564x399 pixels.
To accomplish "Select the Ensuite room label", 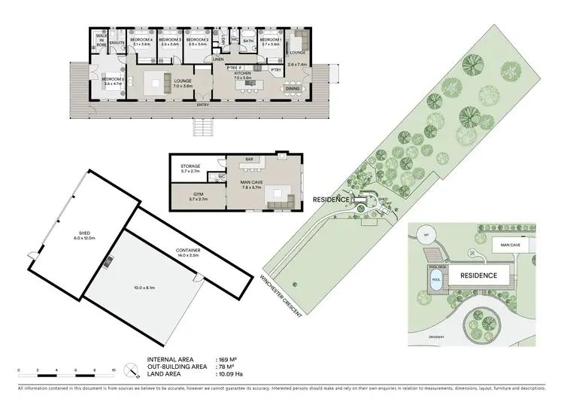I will (x=117, y=44).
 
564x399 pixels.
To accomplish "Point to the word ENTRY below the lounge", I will (x=202, y=105).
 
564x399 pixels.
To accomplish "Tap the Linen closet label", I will (x=218, y=58).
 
